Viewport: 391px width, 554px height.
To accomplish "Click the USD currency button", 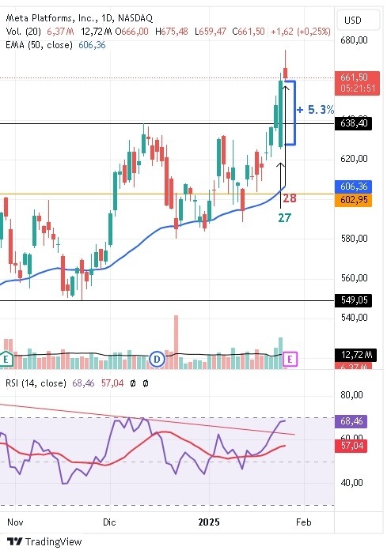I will coord(353,20).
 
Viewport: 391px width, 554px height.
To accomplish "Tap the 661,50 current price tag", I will coord(354,77).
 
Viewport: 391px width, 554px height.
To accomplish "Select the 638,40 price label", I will coord(354,124).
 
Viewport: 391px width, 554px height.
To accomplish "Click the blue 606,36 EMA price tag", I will coord(354,186).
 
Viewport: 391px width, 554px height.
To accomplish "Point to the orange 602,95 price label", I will coord(354,199).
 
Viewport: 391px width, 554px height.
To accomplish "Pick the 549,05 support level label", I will coord(354,300).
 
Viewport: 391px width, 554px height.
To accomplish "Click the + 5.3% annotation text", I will coord(316,110).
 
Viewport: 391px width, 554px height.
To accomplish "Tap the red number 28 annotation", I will coord(289,198).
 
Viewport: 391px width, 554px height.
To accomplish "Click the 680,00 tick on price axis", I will coord(354,40).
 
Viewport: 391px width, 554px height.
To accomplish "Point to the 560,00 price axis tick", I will coord(354,278).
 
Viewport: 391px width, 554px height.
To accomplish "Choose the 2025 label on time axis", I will coord(209,522).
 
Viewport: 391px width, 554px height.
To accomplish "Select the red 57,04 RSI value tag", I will coord(353,447).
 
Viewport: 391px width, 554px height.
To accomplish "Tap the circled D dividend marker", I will coord(157,359).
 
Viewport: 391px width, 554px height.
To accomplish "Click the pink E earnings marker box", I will coord(290,359).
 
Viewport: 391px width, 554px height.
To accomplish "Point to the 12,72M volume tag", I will coord(354,354).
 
